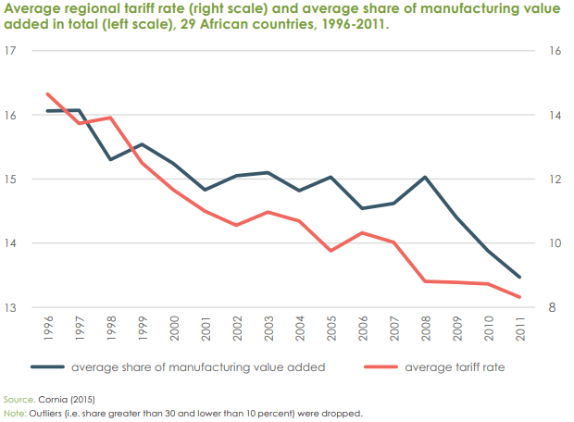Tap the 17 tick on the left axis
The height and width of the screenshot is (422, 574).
(13, 51)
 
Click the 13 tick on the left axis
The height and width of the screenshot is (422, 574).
(13, 307)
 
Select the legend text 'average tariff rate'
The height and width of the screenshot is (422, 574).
(455, 366)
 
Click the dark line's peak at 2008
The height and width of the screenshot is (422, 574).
(424, 177)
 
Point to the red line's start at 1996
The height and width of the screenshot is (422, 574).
(47, 93)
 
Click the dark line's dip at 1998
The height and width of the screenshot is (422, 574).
(110, 159)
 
